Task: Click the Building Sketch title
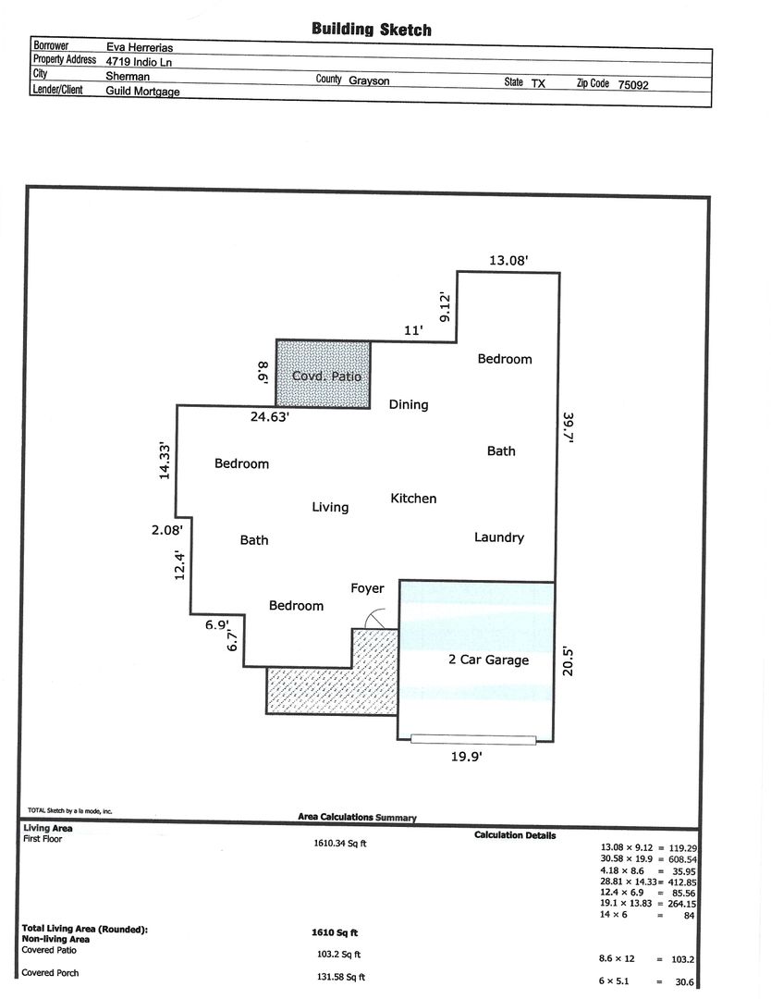tap(372, 30)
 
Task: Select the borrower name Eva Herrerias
tap(140, 47)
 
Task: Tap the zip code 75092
tap(633, 85)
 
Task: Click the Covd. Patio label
tap(326, 376)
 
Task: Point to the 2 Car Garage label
tap(488, 660)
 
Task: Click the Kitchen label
tap(413, 499)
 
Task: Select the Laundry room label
tap(499, 537)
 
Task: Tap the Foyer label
tap(367, 588)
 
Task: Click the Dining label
tap(409, 404)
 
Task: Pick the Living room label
tap(330, 507)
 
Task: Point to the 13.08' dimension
tap(508, 260)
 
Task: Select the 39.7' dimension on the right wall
tap(569, 427)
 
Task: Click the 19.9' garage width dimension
tap(467, 757)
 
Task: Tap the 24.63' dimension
tap(270, 417)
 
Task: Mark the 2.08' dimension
tap(166, 529)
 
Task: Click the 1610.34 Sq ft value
tap(340, 844)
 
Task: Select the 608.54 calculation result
tap(682, 859)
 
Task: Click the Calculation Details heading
tap(515, 835)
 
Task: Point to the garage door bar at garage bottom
tap(473, 740)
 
